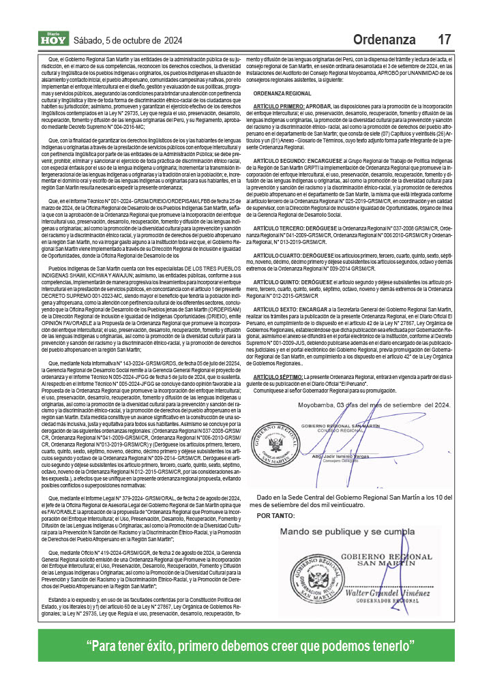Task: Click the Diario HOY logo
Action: [x=53, y=39]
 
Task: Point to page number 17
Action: [x=444, y=40]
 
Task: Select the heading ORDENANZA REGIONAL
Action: [x=282, y=93]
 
